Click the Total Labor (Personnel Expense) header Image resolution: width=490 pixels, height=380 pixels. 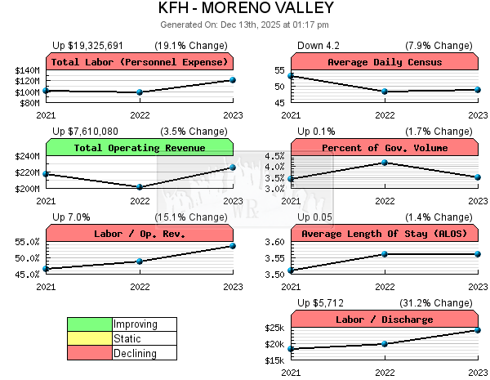point(140,62)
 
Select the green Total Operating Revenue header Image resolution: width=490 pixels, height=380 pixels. point(140,148)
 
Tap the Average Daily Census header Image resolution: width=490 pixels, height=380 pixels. point(384,62)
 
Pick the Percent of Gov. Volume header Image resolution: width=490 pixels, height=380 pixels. point(384,148)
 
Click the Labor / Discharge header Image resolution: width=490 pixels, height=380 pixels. point(384,320)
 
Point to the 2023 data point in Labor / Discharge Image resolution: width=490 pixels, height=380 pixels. point(478,330)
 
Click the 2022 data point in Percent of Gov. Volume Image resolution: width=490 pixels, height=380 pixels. point(385,163)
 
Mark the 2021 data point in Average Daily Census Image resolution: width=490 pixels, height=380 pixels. point(291,76)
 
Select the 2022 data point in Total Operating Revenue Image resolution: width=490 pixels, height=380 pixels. point(140,186)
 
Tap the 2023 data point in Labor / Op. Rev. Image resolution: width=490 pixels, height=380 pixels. point(233,246)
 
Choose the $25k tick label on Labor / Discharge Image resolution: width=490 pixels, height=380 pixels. point(274,329)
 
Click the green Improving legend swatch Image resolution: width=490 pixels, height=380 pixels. point(89,324)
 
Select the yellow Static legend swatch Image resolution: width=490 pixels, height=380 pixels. point(89,339)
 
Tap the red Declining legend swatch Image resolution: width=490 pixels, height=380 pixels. point(89,354)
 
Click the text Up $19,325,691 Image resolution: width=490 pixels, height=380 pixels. point(87,45)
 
